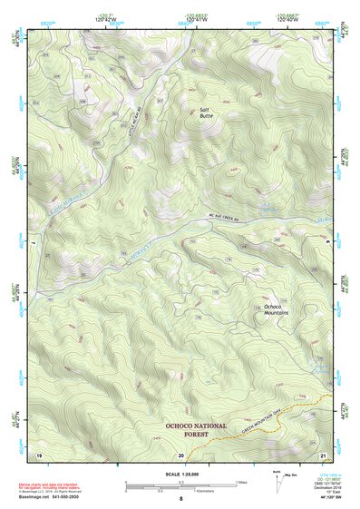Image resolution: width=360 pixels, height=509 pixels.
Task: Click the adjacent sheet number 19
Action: [38, 453]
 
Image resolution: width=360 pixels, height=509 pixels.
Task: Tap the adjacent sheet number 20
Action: [180, 453]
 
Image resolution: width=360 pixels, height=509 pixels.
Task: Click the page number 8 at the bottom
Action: [180, 499]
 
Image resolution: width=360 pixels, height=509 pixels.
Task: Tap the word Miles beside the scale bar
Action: [241, 482]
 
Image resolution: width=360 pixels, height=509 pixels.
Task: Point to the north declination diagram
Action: [279, 482]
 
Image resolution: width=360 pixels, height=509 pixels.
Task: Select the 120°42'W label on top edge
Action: [106, 19]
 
